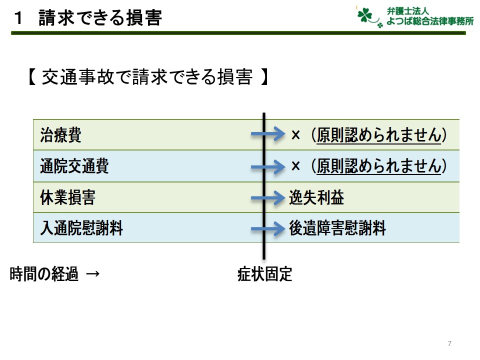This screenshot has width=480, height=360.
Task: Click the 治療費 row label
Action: [60, 135]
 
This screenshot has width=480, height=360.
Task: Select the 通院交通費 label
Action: [74, 166]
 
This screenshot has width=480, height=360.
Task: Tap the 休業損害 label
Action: [67, 197]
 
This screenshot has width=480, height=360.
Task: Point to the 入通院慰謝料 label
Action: [81, 228]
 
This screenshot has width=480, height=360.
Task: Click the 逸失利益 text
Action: [316, 197]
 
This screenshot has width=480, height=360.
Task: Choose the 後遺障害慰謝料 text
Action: [337, 228]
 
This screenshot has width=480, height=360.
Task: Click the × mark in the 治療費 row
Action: [295, 135]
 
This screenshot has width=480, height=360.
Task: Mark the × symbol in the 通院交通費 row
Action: [295, 166]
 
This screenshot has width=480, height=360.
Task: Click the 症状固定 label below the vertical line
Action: [265, 274]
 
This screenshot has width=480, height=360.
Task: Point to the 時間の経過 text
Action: [44, 274]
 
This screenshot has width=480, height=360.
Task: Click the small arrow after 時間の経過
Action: [93, 273]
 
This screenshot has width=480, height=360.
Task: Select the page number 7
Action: [449, 343]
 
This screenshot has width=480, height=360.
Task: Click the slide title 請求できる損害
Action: [100, 18]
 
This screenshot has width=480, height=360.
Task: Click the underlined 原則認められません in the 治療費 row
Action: [378, 135]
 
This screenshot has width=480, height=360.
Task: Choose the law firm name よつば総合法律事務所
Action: [430, 21]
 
